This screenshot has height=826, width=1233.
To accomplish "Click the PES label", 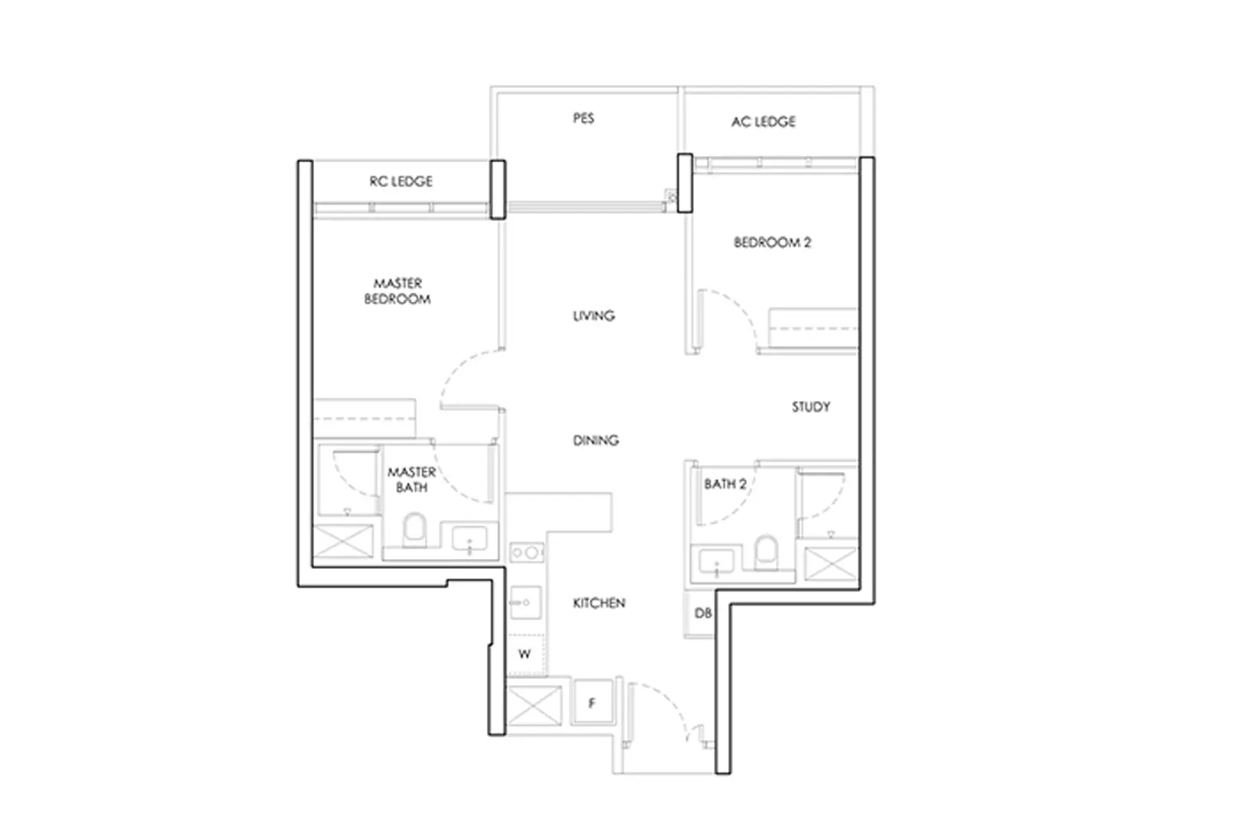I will [583, 119].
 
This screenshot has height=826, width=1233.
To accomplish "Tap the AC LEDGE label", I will [763, 122].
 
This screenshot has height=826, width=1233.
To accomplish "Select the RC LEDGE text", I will [401, 181].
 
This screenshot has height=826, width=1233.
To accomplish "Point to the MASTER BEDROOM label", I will [397, 291].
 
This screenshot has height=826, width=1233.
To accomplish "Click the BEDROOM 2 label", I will [772, 242].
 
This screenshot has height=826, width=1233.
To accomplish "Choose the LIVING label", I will [594, 315].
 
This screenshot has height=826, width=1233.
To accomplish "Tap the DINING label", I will [595, 441].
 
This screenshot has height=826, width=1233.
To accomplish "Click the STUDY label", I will [810, 407].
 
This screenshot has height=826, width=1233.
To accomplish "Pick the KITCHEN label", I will [599, 603].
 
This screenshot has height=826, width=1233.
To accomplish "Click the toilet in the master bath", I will [414, 529].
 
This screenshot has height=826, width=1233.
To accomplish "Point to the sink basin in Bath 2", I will [715, 561].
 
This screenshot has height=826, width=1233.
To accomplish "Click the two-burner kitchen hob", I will [527, 552].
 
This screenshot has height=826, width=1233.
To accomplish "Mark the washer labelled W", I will [525, 654].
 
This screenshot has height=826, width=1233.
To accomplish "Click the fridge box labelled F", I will [592, 702].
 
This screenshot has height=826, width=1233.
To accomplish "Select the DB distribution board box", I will [701, 613].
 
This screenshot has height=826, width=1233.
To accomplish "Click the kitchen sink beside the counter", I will [526, 602].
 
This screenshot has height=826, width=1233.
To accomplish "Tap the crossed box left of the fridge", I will [534, 705].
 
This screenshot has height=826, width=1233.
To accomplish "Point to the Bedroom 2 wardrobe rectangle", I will [813, 328].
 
